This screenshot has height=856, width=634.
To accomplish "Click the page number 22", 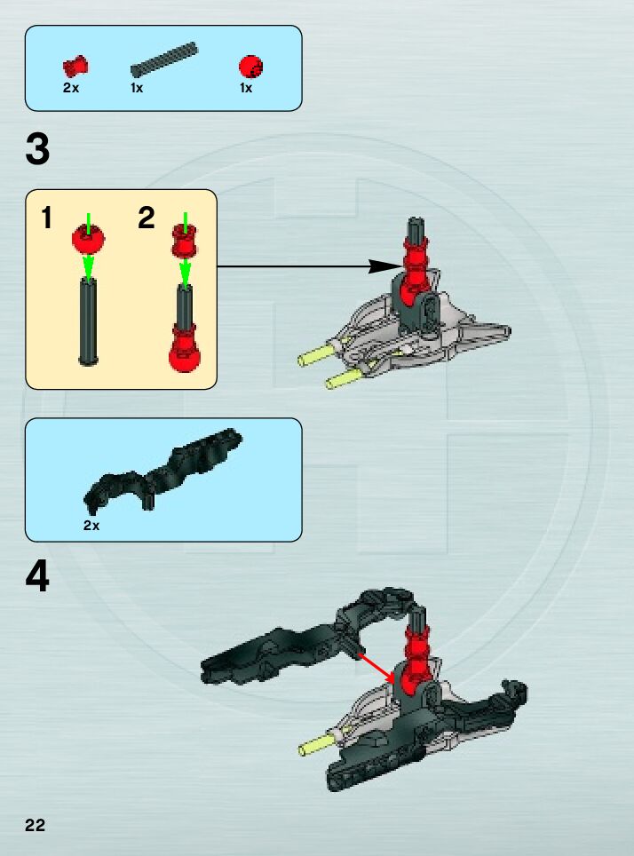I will [35, 825].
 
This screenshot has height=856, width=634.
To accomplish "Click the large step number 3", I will [37, 150].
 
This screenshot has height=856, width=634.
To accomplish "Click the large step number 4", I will [37, 578].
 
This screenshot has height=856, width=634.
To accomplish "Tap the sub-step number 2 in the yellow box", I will [147, 218].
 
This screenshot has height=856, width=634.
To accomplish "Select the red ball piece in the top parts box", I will [250, 66].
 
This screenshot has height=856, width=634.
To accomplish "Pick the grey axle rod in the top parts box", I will [163, 60].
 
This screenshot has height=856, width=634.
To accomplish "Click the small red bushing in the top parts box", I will [75, 66].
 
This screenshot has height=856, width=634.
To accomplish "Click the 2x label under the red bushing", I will [71, 89].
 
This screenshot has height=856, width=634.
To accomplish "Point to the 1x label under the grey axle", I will [137, 89].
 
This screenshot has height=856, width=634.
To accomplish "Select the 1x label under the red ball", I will [246, 89].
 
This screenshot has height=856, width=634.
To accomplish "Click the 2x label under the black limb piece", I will [91, 525].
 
